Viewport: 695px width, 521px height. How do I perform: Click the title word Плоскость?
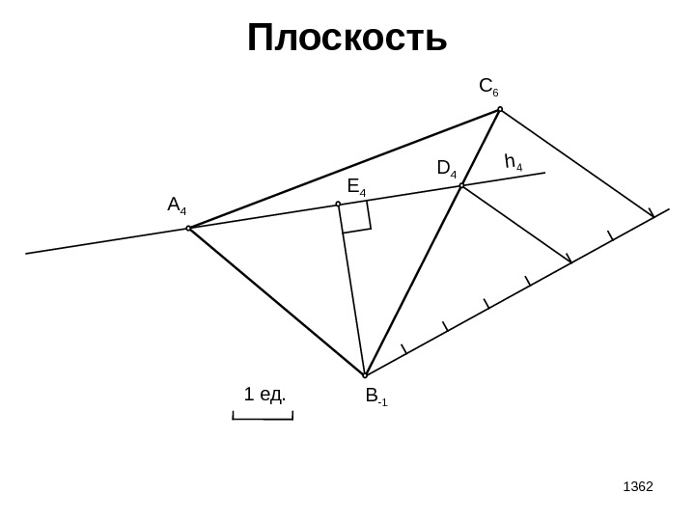pyautogui.click(x=347, y=40)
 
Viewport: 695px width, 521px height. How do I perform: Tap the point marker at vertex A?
pyautogui.click(x=188, y=229)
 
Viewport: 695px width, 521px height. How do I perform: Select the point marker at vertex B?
pyautogui.click(x=365, y=375)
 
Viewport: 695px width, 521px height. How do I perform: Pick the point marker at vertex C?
pyautogui.click(x=500, y=110)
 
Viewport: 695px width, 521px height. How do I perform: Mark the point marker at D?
pyautogui.click(x=462, y=185)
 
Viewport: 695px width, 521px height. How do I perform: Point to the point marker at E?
pyautogui.click(x=338, y=205)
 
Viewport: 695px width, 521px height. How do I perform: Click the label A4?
pyautogui.click(x=177, y=206)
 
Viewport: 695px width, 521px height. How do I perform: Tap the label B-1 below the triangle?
pyautogui.click(x=375, y=397)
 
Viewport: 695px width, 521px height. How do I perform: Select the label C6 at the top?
pyautogui.click(x=488, y=89)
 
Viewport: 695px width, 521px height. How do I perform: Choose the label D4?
pyautogui.click(x=447, y=170)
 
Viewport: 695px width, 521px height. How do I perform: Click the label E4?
pyautogui.click(x=357, y=186)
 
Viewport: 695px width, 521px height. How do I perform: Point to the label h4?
pyautogui.click(x=514, y=162)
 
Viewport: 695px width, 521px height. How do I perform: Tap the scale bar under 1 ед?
pyautogui.click(x=263, y=418)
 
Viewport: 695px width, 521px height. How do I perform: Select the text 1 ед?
pyautogui.click(x=265, y=395)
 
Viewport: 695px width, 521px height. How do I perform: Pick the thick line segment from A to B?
pyautogui.click(x=276, y=302)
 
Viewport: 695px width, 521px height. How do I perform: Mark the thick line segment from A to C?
pyautogui.click(x=344, y=170)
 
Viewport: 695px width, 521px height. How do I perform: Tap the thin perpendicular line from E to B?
pyautogui.click(x=351, y=289)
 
